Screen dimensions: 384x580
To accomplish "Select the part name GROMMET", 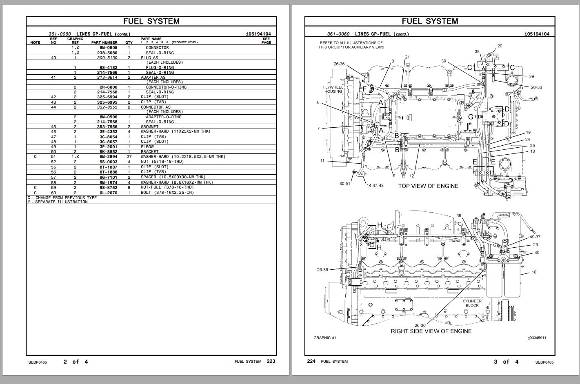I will (x=149, y=127).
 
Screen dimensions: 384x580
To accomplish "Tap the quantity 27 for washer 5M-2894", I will (x=129, y=157).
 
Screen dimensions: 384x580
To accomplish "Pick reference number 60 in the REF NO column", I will (x=53, y=193).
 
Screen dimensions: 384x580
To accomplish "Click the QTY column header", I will (x=129, y=42).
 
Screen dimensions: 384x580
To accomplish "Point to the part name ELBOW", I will (x=147, y=147).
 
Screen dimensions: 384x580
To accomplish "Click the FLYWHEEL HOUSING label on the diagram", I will (x=333, y=89).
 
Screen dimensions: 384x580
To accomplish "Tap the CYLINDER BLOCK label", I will (x=472, y=303).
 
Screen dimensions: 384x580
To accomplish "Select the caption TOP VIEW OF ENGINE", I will (x=428, y=186).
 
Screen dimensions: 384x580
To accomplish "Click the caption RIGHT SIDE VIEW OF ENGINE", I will (x=431, y=331).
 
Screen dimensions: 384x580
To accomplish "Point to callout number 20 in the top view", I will (x=500, y=46).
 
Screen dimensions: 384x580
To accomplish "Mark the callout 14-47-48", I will (x=375, y=186).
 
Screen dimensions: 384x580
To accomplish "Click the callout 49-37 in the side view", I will (x=535, y=237).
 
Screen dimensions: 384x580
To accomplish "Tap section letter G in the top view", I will (x=471, y=117).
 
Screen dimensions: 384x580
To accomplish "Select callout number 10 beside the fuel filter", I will (x=534, y=272).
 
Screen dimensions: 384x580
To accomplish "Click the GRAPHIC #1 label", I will (x=325, y=338).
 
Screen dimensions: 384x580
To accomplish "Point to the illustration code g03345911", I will (x=537, y=338).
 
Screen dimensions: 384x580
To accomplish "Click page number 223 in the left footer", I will (x=271, y=361).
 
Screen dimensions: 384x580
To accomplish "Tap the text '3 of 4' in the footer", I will (x=506, y=362).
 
